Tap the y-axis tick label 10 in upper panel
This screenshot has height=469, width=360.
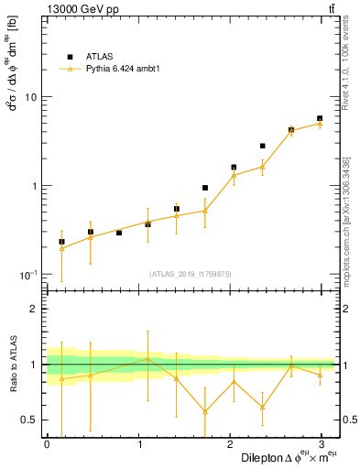[x=30, y=97]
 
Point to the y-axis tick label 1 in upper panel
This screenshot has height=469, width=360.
[x=34, y=186]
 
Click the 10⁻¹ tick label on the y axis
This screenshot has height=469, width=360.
[x=28, y=275]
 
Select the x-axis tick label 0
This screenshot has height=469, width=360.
[x=47, y=444]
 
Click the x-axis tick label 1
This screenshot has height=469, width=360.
[x=139, y=444]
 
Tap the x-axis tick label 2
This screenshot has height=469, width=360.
[x=231, y=444]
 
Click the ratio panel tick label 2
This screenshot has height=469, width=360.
[x=34, y=310]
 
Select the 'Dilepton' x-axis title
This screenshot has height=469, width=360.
[x=260, y=457]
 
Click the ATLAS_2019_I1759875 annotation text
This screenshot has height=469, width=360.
[x=190, y=273]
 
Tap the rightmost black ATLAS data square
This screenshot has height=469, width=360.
[x=320, y=118]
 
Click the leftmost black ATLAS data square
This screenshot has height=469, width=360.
[x=61, y=242]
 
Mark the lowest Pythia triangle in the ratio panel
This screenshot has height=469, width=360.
[x=205, y=411]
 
